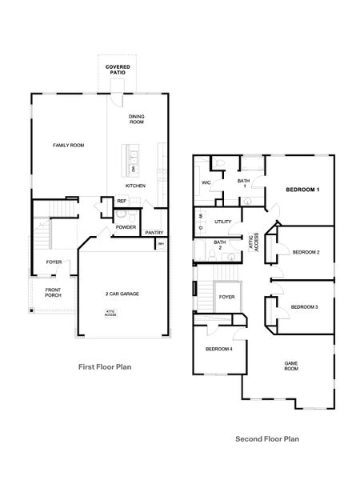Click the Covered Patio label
pos(118,70)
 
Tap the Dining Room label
pos(136,119)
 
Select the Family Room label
pos(69,145)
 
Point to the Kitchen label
pos(135,186)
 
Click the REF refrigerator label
pos(122,201)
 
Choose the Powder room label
pos(126,227)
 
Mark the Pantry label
pos(154,232)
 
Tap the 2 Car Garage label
pos(122,294)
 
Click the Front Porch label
pos(54,293)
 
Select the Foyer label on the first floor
pos(54,262)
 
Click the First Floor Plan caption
pos(105,367)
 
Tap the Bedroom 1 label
pos(303,190)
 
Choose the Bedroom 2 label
pos(306,252)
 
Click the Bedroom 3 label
pos(304,307)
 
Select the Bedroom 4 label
pos(218,350)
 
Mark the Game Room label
pos(291,366)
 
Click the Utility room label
pos(223,220)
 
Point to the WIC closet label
pos(206,182)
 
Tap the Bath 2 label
pos(219,245)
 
